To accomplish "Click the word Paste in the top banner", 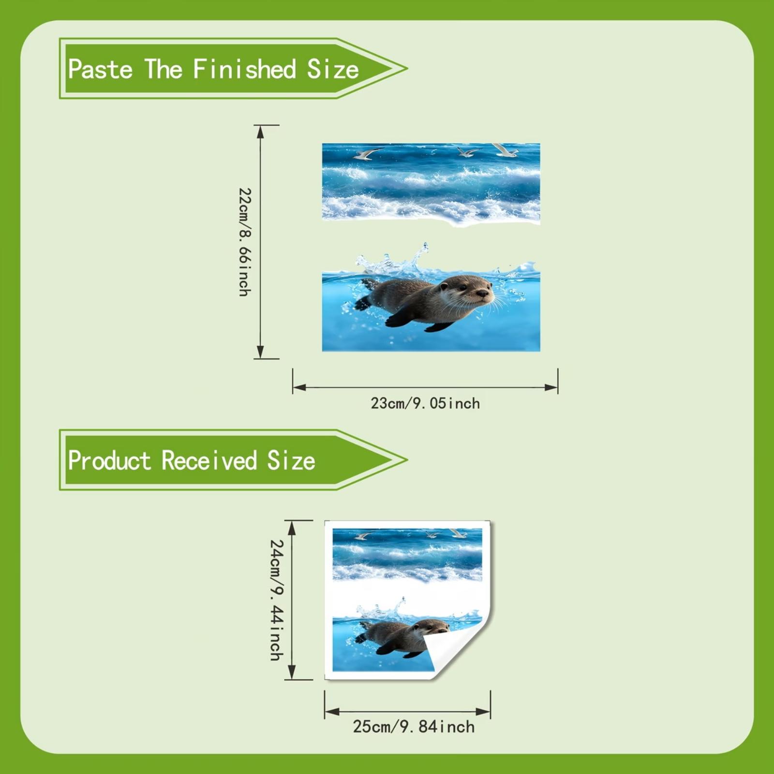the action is (x=100, y=69).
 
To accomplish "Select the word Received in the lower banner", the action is (x=209, y=460).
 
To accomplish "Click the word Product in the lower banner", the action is (x=109, y=460).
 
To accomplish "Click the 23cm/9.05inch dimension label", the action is (x=425, y=403).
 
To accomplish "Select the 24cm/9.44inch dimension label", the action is (x=277, y=600).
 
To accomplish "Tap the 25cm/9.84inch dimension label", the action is (x=414, y=727).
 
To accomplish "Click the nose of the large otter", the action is (x=483, y=293).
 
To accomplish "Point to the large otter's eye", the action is (x=463, y=287).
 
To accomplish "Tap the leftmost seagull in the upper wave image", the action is (x=368, y=153).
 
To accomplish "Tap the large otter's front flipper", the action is (x=401, y=318).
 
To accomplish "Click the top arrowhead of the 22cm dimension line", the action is (x=260, y=132).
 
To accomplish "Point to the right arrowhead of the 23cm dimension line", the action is (x=551, y=387).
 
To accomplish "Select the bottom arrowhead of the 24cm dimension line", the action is (x=292, y=672).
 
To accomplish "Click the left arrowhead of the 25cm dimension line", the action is (x=332, y=712).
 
